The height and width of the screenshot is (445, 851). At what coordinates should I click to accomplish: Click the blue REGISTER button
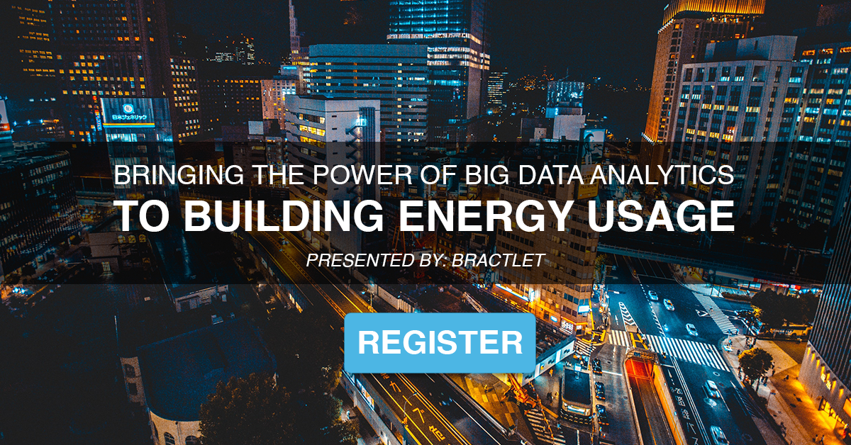coord(440,342)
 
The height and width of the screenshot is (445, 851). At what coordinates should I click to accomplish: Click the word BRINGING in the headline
coord(179,175)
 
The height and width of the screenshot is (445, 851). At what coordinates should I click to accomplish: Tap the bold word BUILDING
coord(284,215)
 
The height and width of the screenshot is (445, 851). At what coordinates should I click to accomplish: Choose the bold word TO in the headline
coord(141,215)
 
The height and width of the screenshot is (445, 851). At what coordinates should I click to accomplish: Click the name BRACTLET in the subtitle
coord(499,261)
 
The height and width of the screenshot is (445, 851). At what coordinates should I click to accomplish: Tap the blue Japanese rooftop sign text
coord(130,118)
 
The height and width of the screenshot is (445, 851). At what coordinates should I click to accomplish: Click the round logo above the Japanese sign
coord(128,108)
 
